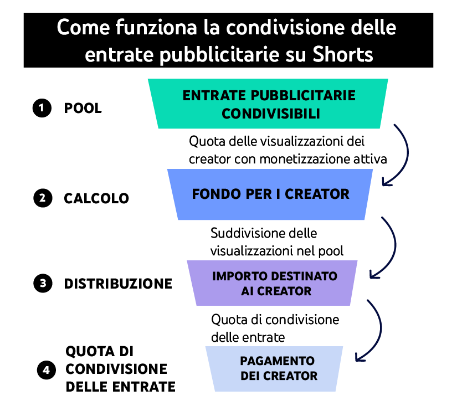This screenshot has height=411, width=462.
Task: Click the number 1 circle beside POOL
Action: pyautogui.click(x=42, y=108)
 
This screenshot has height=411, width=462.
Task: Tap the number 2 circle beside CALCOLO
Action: pyautogui.click(x=42, y=198)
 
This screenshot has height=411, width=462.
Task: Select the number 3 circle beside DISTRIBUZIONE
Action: pyautogui.click(x=42, y=284)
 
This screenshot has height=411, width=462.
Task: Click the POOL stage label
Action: pyautogui.click(x=83, y=108)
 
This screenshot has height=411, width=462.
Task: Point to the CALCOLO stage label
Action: pyautogui.click(x=96, y=198)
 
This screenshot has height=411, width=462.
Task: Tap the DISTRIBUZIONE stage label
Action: pyautogui.click(x=118, y=284)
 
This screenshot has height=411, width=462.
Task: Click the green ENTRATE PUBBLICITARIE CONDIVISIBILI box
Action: pyautogui.click(x=269, y=104)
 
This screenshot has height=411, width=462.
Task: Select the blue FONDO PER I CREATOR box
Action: pyautogui.click(x=270, y=194)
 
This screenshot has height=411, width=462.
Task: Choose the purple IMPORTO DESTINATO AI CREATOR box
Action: pyautogui.click(x=269, y=283)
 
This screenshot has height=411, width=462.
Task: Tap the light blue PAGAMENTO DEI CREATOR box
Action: pyautogui.click(x=273, y=368)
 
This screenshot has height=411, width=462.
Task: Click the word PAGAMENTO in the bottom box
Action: pyautogui.click(x=277, y=361)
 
